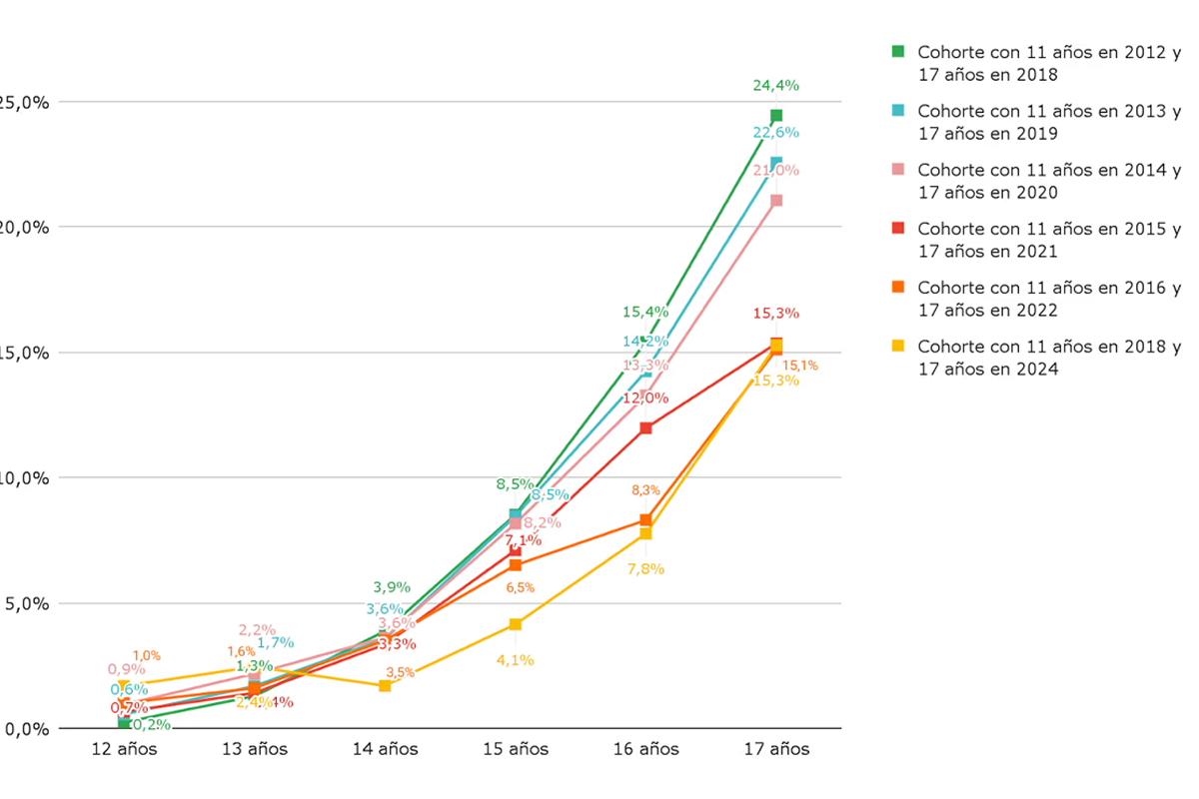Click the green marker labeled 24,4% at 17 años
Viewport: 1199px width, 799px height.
[776, 116]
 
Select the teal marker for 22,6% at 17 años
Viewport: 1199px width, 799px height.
[776, 162]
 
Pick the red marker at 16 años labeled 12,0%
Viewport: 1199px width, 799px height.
[645, 427]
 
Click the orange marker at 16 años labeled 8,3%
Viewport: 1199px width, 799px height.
[645, 520]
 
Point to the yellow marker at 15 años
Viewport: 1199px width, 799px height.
[516, 624]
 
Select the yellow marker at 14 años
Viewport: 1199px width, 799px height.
[385, 686]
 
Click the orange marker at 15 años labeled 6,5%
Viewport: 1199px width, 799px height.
[516, 565]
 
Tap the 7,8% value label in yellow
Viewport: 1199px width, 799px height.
[645, 568]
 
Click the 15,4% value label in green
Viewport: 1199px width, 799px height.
[644, 312]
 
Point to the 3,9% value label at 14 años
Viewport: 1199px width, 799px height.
[392, 587]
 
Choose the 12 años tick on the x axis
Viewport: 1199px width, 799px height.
[124, 749]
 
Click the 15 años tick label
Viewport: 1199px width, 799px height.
[516, 749]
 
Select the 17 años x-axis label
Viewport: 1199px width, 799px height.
[776, 749]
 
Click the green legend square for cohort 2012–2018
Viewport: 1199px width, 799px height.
[897, 51]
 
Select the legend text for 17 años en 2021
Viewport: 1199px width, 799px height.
[987, 252]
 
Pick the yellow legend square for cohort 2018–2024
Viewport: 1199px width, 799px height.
[897, 346]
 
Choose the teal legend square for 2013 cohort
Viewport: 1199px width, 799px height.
[897, 110]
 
